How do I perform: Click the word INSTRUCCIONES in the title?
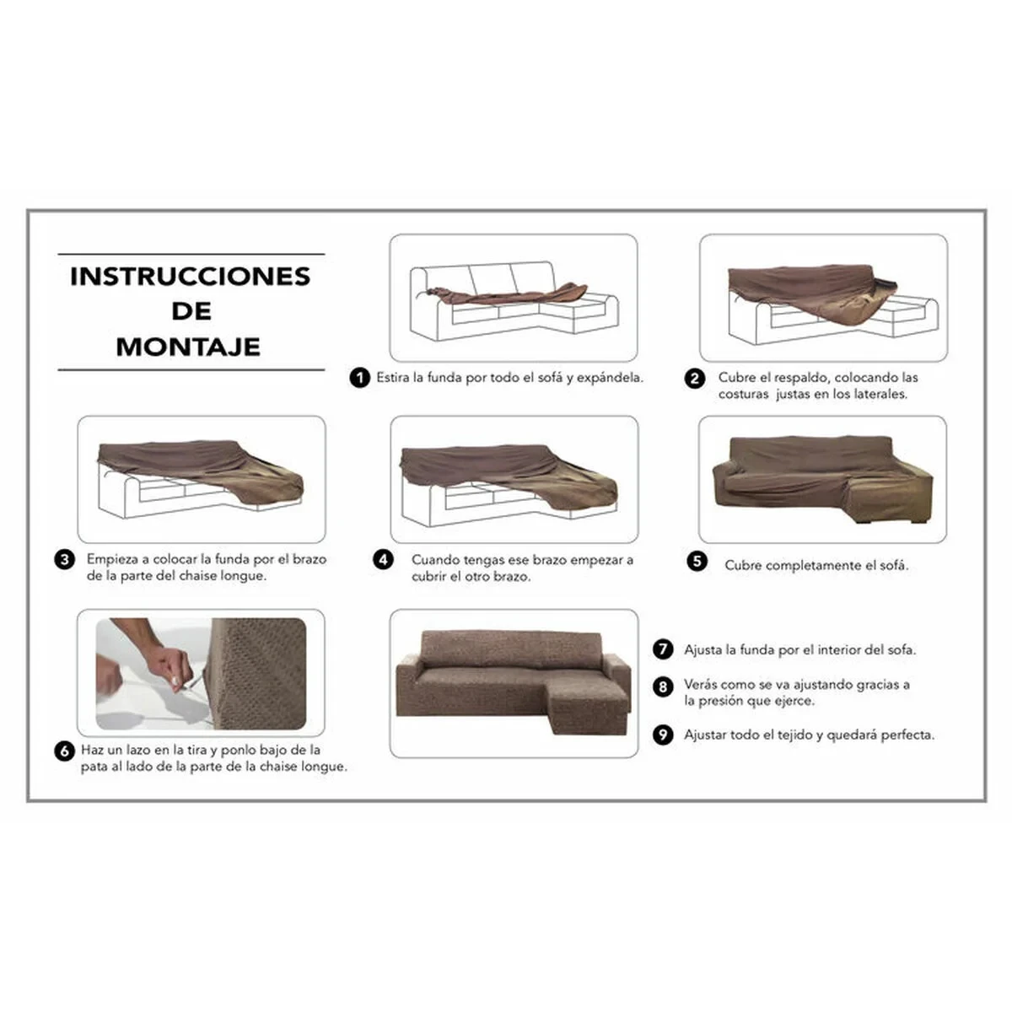click(190, 276)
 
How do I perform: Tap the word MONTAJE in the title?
click(188, 347)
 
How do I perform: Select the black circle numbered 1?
click(360, 378)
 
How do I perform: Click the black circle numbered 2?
click(694, 379)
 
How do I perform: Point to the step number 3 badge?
click(65, 560)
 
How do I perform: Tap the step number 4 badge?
click(384, 560)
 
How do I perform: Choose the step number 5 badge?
click(697, 562)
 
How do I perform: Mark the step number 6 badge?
click(65, 751)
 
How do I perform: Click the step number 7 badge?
click(664, 649)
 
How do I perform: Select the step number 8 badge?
click(664, 686)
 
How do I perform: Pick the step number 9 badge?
click(664, 735)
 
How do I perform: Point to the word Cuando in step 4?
click(434, 560)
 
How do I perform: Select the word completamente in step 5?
click(808, 565)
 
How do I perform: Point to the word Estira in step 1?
click(393, 378)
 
